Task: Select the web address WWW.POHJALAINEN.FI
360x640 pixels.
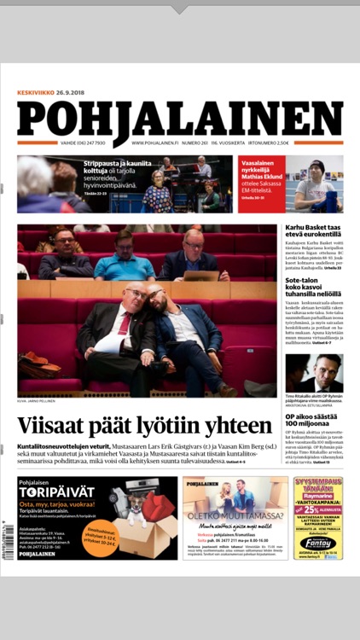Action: coord(154,143)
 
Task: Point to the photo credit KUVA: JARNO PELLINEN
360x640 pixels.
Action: coord(36,400)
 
